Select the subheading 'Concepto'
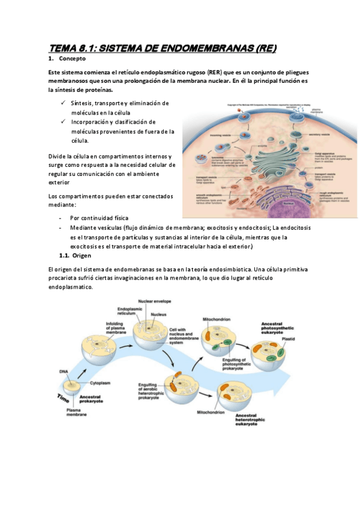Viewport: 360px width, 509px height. pos(72,59)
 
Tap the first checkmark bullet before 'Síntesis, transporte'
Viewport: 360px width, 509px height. pos(64,103)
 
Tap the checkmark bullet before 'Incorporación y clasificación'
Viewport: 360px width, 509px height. pos(64,121)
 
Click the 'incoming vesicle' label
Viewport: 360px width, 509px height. pos(208,136)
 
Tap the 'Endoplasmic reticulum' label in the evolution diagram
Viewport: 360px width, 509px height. pos(128,311)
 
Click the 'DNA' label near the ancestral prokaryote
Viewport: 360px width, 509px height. pos(64,372)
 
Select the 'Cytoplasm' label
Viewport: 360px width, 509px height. pos(100,382)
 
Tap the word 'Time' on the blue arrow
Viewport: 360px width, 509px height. pos(64,396)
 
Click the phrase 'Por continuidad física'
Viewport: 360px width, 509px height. pos(99,218)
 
